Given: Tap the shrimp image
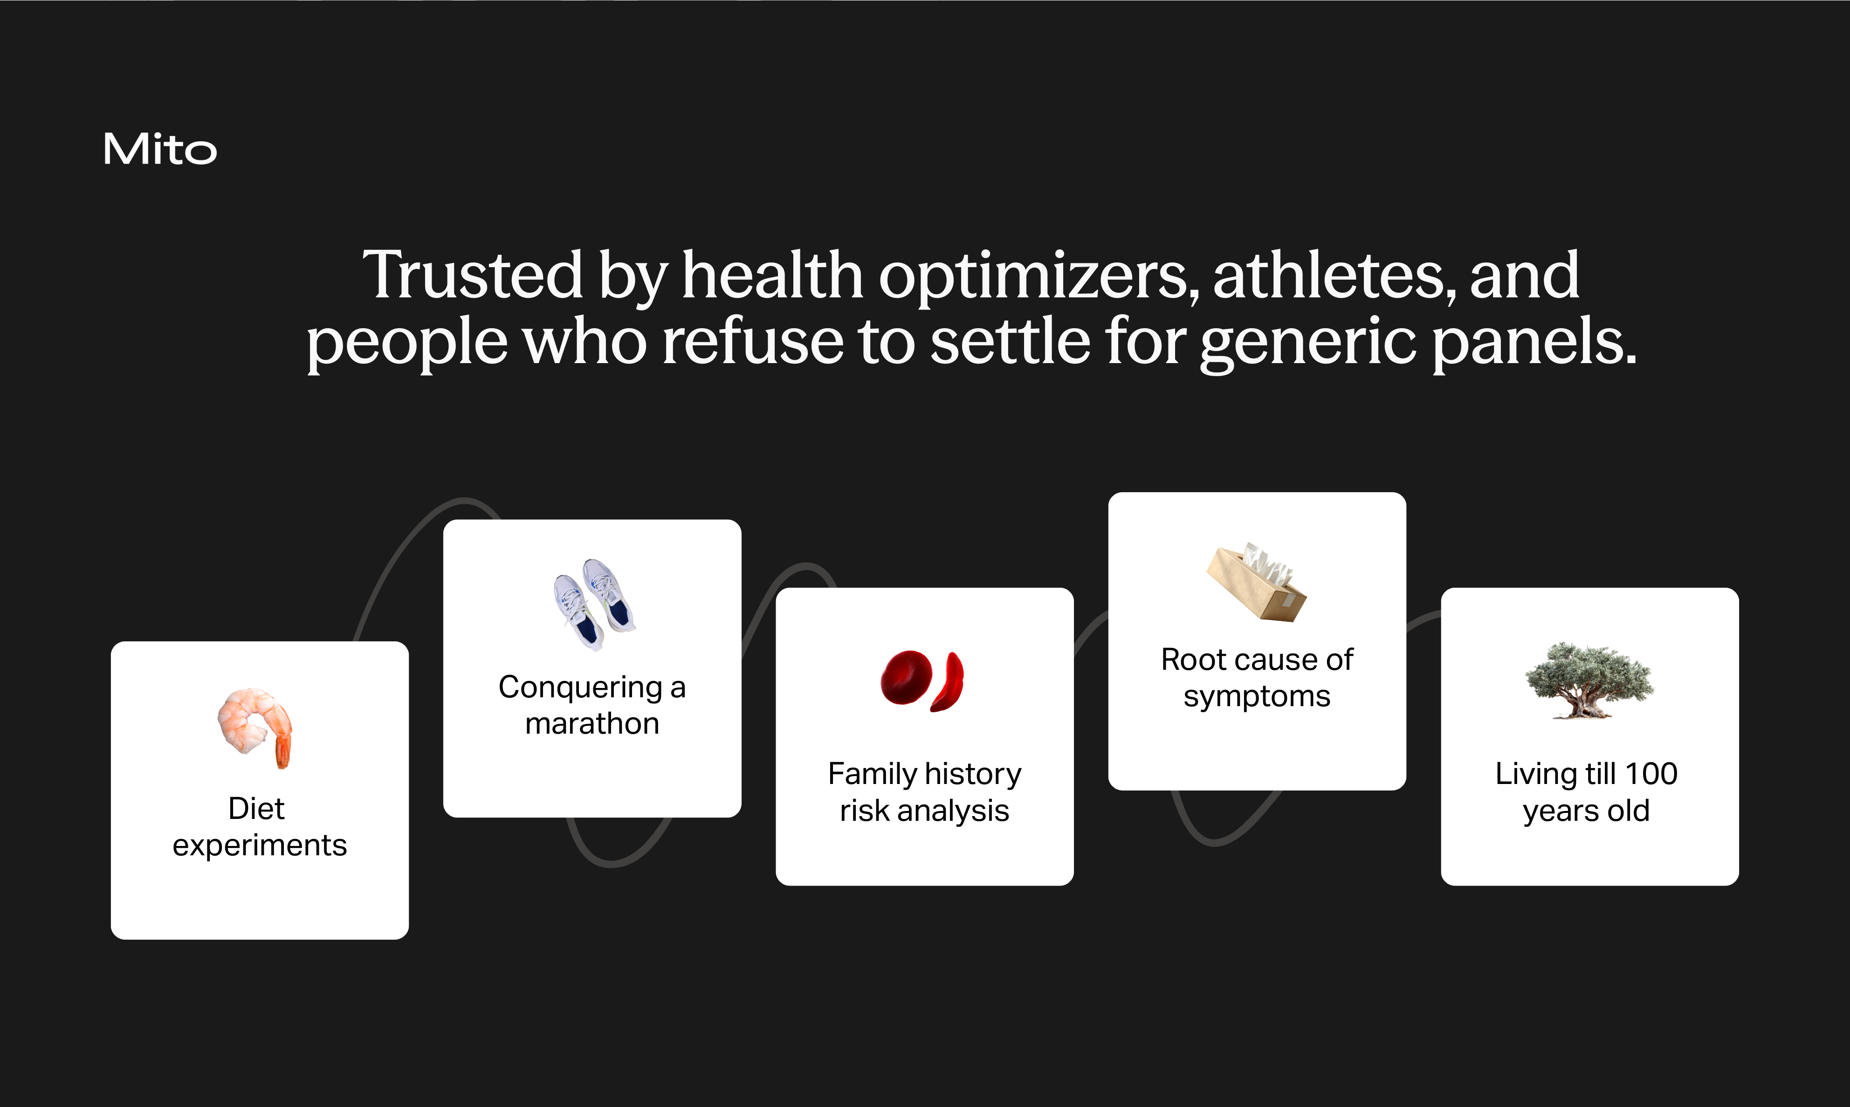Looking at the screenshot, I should [x=255, y=727].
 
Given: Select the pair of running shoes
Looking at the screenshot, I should [x=595, y=604].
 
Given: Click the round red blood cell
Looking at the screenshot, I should [x=906, y=677].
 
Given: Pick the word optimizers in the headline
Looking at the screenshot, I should [x=1038, y=276].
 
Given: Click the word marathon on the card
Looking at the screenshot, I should [x=592, y=723].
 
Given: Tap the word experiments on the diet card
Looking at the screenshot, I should [x=260, y=845].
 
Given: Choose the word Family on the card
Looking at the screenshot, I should [x=871, y=774].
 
